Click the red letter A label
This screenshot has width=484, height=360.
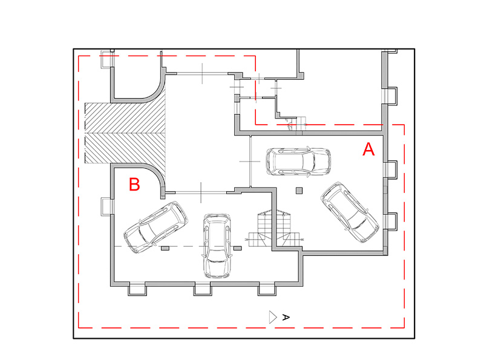pos(368,149)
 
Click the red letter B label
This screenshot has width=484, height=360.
pos(134,185)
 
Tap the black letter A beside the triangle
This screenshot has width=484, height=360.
pos(286,317)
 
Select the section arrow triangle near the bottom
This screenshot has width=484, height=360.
pos(273,317)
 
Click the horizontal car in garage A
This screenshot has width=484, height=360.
pos(298,162)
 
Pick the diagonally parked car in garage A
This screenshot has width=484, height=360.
pos(350,212)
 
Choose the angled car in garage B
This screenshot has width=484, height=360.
pos(155,227)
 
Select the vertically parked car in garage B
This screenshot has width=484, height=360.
pos(217,246)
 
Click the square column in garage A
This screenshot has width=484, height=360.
pos(299,191)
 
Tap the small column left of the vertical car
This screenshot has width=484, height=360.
pos(165,248)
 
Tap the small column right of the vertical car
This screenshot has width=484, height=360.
pos(237,248)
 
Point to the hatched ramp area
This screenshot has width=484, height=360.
pos(125,133)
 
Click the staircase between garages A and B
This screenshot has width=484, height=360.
pos(273,228)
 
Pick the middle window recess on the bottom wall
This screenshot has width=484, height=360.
pos(203,289)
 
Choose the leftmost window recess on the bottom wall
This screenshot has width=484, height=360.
pos(137,289)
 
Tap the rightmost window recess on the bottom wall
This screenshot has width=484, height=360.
pos(267,289)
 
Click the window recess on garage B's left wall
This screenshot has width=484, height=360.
pos(106,206)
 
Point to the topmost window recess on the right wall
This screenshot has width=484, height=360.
pos(390,96)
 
